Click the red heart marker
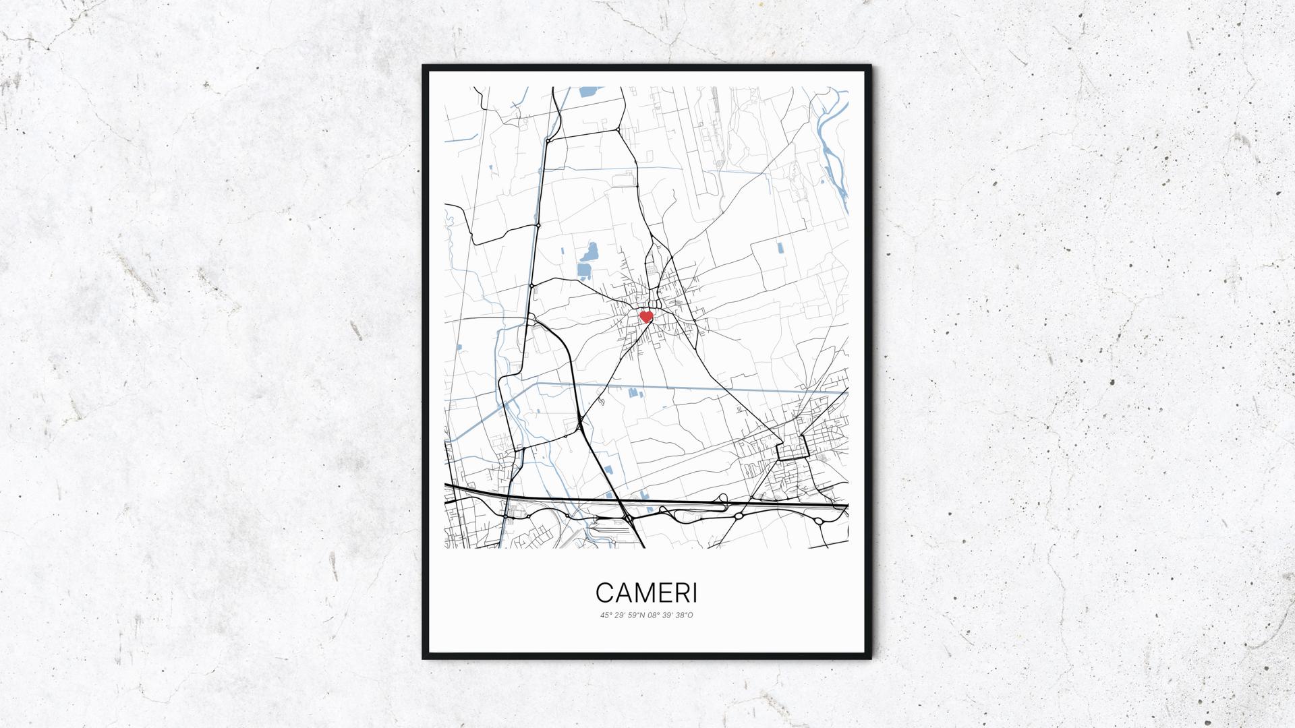pyautogui.click(x=646, y=316)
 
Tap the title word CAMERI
pyautogui.click(x=647, y=593)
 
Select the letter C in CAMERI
pyautogui.click(x=605, y=593)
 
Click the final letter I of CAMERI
pyautogui.click(x=695, y=593)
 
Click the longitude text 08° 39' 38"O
pyautogui.click(x=670, y=615)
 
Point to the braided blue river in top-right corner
pyautogui.click(x=831, y=148)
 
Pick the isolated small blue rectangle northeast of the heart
pyautogui.click(x=780, y=247)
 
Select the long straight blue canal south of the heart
pyautogui.click(x=674, y=387)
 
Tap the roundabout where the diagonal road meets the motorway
pyautogui.click(x=628, y=518)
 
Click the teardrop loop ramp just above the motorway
pyautogui.click(x=723, y=498)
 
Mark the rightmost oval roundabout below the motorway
pyautogui.click(x=819, y=521)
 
